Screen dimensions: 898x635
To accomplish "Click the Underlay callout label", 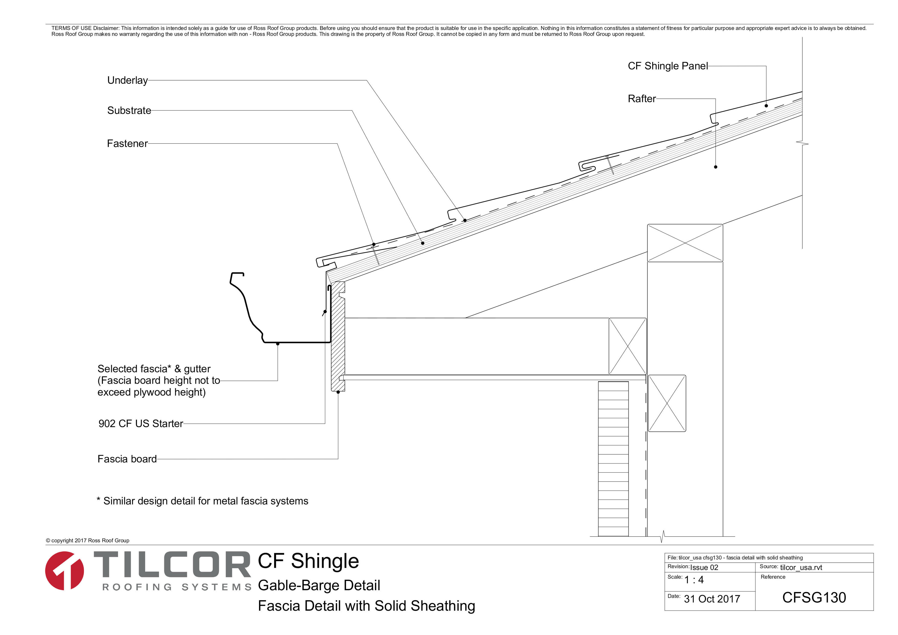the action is click(127, 80).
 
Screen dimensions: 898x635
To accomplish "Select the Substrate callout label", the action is click(129, 111).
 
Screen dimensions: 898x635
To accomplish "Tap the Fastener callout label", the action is click(127, 144).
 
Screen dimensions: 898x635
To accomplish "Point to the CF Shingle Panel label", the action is click(668, 66).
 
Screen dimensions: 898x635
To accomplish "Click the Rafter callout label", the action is click(642, 99).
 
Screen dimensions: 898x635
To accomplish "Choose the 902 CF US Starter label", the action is click(141, 424).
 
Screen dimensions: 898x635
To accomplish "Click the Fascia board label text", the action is click(127, 459).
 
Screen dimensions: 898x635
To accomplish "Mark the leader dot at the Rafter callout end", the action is click(716, 167).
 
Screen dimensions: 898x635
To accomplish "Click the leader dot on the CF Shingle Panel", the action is click(766, 106).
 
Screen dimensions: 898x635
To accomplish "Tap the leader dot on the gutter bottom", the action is click(278, 343).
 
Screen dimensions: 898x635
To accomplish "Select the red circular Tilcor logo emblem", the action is click(65, 571).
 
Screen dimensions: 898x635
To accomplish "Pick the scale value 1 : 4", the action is click(694, 580).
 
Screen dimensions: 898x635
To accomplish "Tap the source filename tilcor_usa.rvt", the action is click(801, 567).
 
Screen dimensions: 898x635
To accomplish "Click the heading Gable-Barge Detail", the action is click(319, 585).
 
